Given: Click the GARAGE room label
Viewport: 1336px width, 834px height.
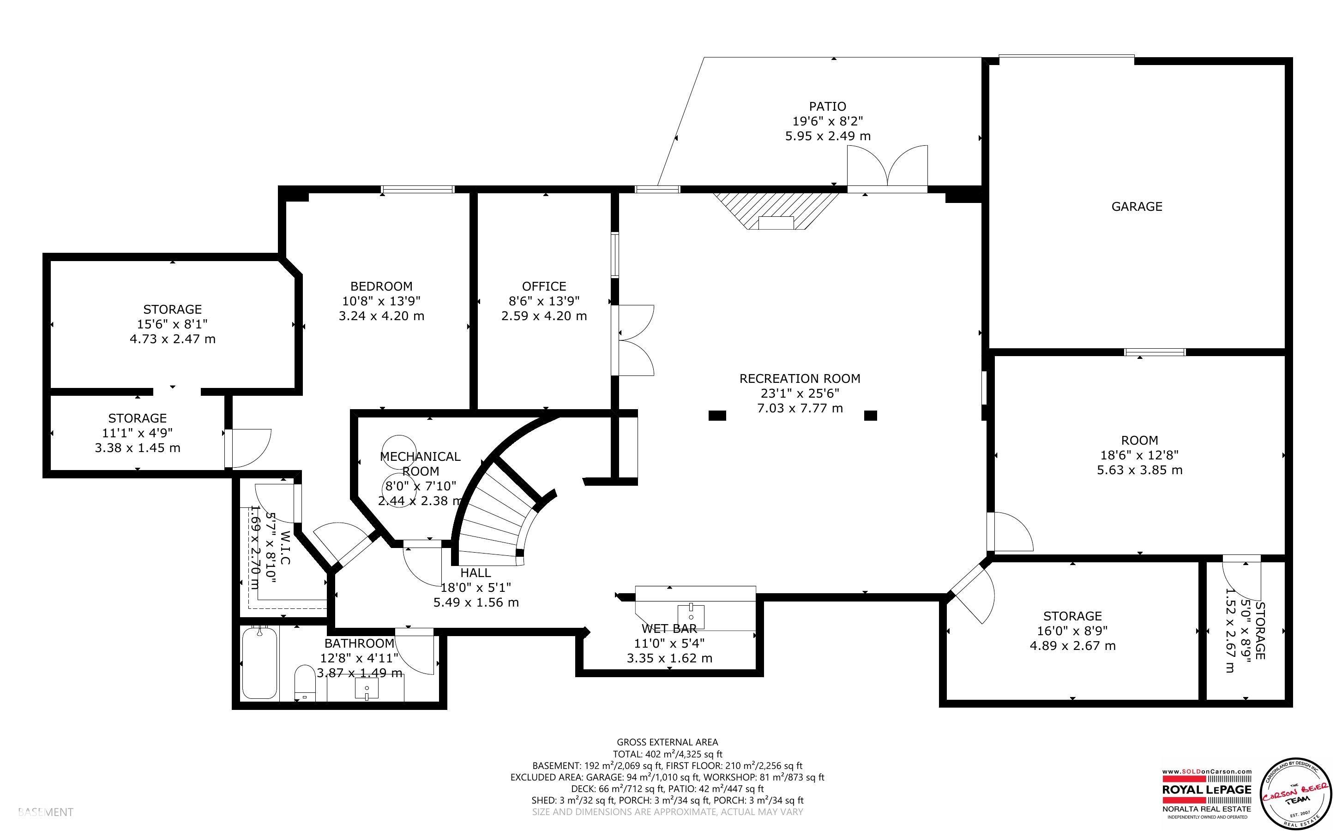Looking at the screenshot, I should [x=1136, y=206].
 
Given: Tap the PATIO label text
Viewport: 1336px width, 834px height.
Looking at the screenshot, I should [x=827, y=106].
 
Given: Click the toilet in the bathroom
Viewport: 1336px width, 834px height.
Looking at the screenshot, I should [x=304, y=684].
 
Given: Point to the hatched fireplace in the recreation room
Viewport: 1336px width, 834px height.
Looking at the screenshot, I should [x=776, y=212].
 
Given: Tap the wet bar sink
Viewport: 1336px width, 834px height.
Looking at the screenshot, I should [x=692, y=612].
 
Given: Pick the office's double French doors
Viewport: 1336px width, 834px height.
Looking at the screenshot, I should [x=635, y=340].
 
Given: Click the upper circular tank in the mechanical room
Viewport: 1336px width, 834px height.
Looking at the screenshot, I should [x=399, y=448].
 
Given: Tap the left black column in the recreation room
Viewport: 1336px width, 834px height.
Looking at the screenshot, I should [x=717, y=415].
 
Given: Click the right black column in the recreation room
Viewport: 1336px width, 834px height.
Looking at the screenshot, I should [x=870, y=415].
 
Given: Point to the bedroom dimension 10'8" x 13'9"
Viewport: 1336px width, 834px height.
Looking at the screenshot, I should [x=381, y=301].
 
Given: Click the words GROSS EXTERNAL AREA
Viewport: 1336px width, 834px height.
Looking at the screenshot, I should [x=667, y=743].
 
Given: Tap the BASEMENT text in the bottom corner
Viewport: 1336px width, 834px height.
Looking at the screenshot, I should [x=45, y=812].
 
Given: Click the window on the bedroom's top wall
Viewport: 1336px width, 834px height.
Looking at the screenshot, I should [x=418, y=189].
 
